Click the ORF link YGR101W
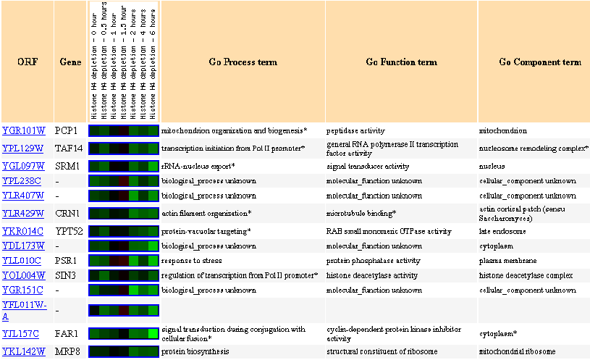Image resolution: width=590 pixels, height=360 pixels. click(24, 131)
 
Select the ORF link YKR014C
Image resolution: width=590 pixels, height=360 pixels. click(22, 231)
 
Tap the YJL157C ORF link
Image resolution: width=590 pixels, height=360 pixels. click(22, 334)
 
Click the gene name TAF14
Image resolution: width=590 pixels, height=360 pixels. click(69, 148)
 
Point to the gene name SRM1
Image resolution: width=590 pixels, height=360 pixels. click(68, 166)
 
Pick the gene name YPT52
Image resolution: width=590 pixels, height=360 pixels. click(69, 231)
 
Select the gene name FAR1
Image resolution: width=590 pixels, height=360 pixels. click(67, 334)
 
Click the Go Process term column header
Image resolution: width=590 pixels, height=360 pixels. click(243, 62)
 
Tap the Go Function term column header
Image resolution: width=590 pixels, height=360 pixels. click(401, 62)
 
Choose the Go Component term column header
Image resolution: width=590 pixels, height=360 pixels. click(539, 62)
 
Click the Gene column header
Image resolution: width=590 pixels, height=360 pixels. click(69, 62)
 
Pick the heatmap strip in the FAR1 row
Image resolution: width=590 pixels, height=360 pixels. click(123, 334)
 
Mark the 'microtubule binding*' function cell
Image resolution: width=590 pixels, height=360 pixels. click(360, 213)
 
